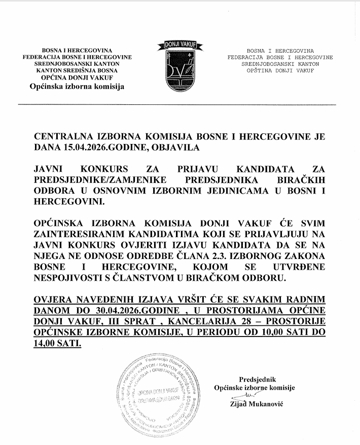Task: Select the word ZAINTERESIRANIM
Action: [x=81, y=234]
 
